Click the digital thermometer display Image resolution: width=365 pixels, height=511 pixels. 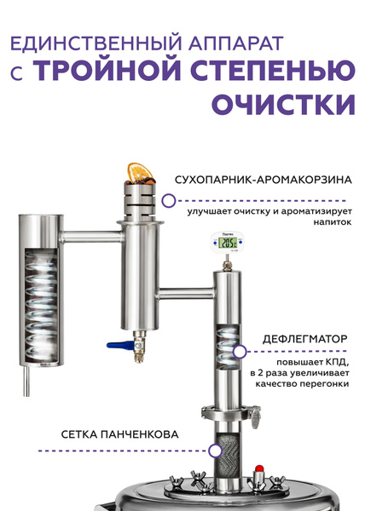pyautogui.click(x=230, y=244)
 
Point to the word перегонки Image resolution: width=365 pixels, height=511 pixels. pyautogui.click(x=323, y=384)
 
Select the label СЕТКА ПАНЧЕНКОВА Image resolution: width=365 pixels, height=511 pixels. pyautogui.click(x=119, y=434)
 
